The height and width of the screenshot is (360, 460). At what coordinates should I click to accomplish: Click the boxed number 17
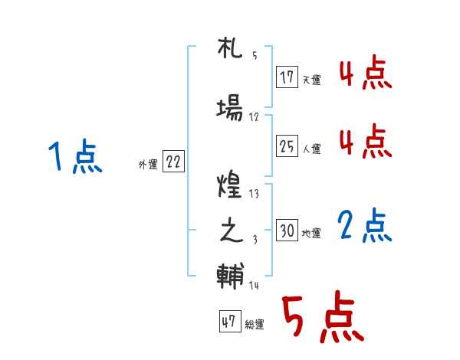coord(287,77)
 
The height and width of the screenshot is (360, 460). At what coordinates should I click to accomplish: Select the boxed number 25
coord(287,146)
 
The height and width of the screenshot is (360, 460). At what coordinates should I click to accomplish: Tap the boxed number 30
coord(287,231)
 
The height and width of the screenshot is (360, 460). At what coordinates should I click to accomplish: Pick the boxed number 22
coord(173,162)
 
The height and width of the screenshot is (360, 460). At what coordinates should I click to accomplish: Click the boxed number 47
coord(228,322)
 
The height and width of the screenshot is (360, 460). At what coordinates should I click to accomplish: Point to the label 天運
coord(311,80)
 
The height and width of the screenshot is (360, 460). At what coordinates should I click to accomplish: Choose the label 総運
coord(254,325)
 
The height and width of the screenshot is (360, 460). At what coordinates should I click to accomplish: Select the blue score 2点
coord(365,227)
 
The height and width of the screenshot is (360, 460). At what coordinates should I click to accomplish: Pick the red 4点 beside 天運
coord(365,75)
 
